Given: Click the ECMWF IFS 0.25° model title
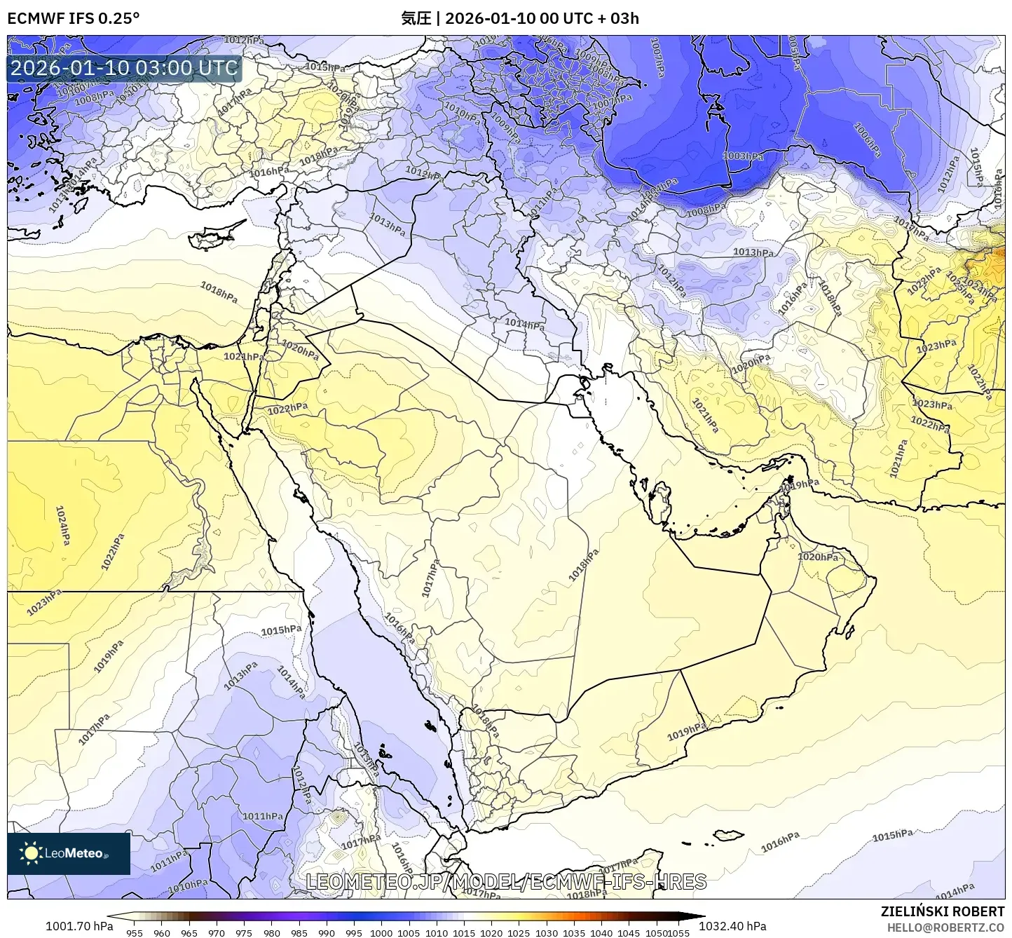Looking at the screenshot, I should tap(74, 18).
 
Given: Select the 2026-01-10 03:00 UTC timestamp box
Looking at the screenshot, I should tap(124, 68).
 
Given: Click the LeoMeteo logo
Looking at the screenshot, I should tap(68, 853).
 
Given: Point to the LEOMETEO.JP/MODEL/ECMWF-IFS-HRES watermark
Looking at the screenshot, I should tap(506, 881).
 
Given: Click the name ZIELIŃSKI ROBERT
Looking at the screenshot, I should tap(942, 911).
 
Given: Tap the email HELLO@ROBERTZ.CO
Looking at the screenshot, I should tap(945, 927).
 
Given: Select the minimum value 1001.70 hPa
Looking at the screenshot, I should tap(78, 926).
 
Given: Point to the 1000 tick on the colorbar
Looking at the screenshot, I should tap(381, 932).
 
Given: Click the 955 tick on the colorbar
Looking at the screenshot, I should tap(135, 932).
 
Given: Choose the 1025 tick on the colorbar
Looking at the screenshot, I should tap(519, 932).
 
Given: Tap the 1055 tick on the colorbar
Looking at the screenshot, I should tap(679, 932).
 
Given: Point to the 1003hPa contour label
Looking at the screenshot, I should tap(744, 156).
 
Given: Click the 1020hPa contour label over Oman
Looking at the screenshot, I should tap(818, 557).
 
